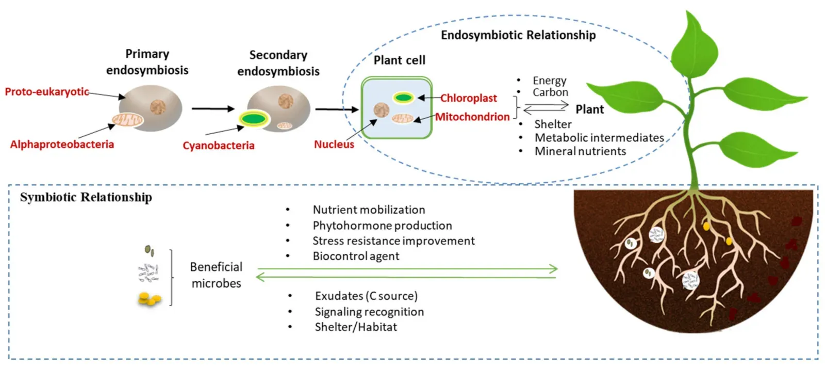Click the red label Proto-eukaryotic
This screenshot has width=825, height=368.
pos(47,92)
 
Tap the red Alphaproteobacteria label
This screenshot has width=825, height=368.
pos(62,145)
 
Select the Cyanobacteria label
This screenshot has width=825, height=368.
pos(218,146)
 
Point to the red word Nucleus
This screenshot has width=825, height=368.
pos(334,145)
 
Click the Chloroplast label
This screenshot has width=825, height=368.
pos(468,98)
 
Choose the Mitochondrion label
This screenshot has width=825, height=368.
pos(472,117)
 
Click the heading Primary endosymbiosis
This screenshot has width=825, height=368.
pos(147,62)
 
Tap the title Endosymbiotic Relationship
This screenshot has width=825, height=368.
pos(518,35)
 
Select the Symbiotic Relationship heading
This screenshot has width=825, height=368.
pos(86,197)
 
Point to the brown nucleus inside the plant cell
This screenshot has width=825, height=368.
pos(382,109)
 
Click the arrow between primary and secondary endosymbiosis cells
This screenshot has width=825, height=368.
pos(212,109)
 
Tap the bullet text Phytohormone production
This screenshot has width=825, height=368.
pos(382,226)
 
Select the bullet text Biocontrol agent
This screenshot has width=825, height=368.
pos(356,256)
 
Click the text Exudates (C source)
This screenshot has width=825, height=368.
pos(366,296)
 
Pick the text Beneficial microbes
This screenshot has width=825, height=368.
pos(216,275)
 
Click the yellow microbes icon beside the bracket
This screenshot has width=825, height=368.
pos(149,299)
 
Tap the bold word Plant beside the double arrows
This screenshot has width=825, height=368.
pos(589,109)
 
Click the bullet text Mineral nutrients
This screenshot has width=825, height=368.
pos(580,151)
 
